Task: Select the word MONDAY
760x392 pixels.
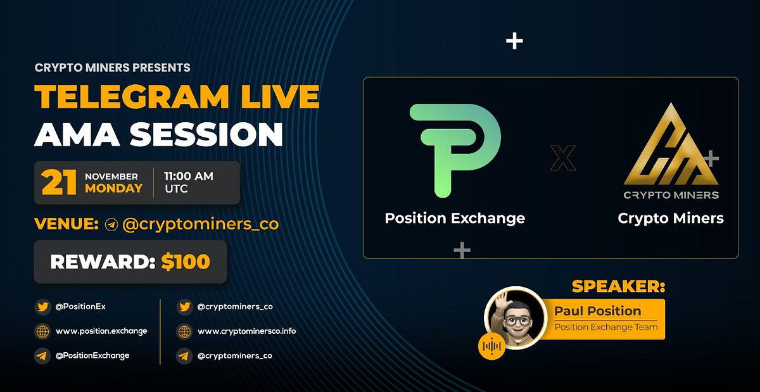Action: click(x=113, y=189)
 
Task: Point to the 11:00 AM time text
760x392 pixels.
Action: click(x=189, y=177)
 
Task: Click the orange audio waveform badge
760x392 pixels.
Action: click(x=492, y=346)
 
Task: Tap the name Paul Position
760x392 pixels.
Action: click(x=597, y=311)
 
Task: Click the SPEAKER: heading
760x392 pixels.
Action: click(x=618, y=286)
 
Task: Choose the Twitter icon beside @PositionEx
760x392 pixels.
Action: click(x=42, y=307)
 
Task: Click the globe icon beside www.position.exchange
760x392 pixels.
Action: click(x=42, y=331)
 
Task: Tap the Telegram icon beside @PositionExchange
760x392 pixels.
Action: click(x=42, y=356)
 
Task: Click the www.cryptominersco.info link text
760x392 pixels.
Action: click(x=246, y=331)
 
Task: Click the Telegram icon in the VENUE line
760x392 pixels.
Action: click(x=111, y=225)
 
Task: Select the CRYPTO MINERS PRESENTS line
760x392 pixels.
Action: click(x=113, y=68)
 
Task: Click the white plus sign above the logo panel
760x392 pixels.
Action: click(x=515, y=42)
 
